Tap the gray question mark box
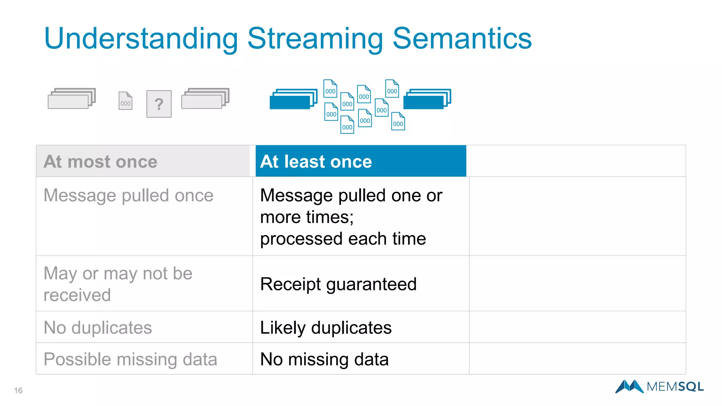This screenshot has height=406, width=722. (x=159, y=104)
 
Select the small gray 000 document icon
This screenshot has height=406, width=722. (x=126, y=101)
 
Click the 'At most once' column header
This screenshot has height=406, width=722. (x=100, y=161)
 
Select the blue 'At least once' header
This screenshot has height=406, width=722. (x=316, y=161)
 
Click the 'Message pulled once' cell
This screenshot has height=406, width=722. (x=128, y=195)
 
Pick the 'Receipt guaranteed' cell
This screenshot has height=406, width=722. (x=338, y=284)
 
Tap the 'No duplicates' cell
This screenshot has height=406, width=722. (x=98, y=327)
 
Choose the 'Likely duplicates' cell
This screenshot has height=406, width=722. (x=326, y=327)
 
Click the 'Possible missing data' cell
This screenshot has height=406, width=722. (x=130, y=359)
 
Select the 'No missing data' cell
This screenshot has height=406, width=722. (x=324, y=359)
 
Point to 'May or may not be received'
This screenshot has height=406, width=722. (x=118, y=284)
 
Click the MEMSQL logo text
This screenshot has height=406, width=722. (x=675, y=387)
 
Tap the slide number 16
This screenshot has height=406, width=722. (x=18, y=390)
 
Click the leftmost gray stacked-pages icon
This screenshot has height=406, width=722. (x=72, y=98)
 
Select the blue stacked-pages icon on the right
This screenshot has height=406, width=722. (x=427, y=99)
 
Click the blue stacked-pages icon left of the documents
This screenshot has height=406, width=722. (x=293, y=99)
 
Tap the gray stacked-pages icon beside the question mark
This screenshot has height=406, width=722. (x=205, y=98)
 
